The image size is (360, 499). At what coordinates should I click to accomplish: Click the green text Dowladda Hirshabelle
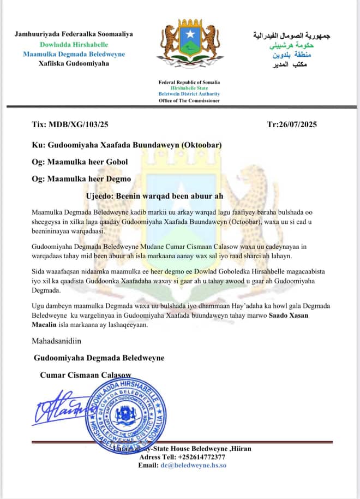tap(74, 44)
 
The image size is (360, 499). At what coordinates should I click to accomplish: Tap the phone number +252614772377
tap(203, 457)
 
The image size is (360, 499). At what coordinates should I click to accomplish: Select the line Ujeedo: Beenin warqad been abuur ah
tap(155, 195)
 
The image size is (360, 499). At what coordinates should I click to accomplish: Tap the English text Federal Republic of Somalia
tap(189, 82)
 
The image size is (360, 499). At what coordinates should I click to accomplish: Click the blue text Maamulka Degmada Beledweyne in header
tap(74, 54)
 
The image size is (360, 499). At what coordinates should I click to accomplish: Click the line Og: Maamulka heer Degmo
tap(81, 179)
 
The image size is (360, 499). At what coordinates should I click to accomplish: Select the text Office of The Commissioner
tap(189, 100)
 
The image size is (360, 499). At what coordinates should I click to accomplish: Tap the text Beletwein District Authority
tap(189, 94)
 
